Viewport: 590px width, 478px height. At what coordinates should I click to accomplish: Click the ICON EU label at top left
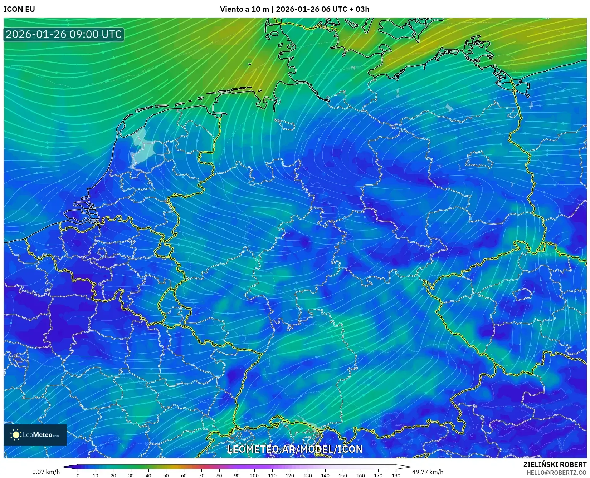point(19,9)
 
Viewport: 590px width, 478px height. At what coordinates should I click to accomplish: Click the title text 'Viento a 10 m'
point(244,9)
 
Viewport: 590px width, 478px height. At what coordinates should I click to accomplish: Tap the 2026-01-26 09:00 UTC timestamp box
point(64,34)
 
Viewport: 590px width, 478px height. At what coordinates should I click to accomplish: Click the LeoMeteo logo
point(35,435)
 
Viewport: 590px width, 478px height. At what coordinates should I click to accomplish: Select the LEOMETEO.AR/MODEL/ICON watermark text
point(295,449)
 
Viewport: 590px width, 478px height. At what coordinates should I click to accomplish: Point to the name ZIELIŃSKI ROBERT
point(555,464)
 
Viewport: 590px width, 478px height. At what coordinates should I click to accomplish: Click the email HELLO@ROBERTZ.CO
point(556,473)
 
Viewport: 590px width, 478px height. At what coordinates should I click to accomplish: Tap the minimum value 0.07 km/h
point(46,472)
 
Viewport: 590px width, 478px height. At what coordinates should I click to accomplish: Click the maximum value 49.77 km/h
point(428,472)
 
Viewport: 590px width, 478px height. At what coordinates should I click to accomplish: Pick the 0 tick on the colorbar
point(78,475)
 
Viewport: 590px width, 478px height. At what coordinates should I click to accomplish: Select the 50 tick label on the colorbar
point(166,475)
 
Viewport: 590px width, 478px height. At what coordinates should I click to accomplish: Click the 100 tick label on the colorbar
point(254,475)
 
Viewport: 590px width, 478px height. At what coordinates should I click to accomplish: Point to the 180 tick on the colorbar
point(396,475)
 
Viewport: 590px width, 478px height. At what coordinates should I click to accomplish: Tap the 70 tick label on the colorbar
point(201,475)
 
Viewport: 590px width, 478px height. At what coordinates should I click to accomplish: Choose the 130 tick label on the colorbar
point(307,475)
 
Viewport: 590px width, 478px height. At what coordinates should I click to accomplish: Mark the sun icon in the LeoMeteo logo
point(16,435)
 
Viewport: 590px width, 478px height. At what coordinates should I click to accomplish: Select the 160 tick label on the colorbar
point(360,475)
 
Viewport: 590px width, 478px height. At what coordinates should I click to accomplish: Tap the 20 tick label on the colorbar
point(113,475)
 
